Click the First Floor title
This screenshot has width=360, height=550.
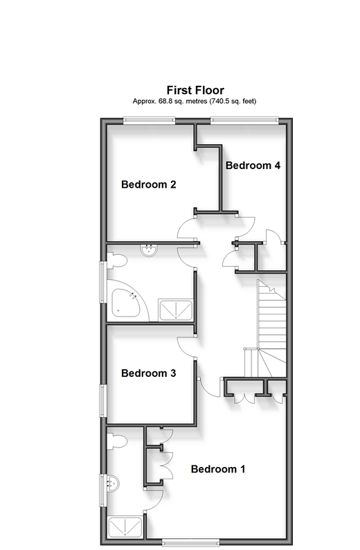click(195, 90)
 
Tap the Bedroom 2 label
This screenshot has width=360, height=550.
click(149, 184)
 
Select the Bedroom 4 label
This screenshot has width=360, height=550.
click(253, 166)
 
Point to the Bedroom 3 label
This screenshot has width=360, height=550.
click(149, 373)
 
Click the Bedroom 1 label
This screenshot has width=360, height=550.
click(218, 469)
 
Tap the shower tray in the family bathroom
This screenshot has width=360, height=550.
click(176, 310)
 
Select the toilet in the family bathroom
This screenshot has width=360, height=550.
click(116, 260)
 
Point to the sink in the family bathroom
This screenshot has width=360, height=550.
click(149, 250)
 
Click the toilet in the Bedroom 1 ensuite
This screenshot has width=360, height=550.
click(116, 441)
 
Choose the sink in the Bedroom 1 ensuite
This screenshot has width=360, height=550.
click(113, 484)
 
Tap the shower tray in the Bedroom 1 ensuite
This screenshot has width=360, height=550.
click(125, 527)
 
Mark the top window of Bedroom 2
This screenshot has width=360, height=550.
click(149, 121)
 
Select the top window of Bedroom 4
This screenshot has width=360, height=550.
click(244, 121)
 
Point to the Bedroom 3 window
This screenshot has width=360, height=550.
click(102, 400)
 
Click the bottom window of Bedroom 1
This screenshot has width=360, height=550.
click(190, 542)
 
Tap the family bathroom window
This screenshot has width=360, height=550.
click(102, 282)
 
